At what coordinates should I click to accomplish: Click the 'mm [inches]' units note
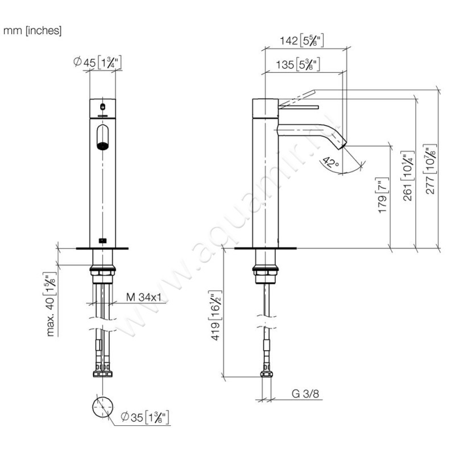click(x=33, y=30)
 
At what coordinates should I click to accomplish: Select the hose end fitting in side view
click(x=265, y=375)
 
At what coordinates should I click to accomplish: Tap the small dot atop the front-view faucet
click(x=102, y=106)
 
